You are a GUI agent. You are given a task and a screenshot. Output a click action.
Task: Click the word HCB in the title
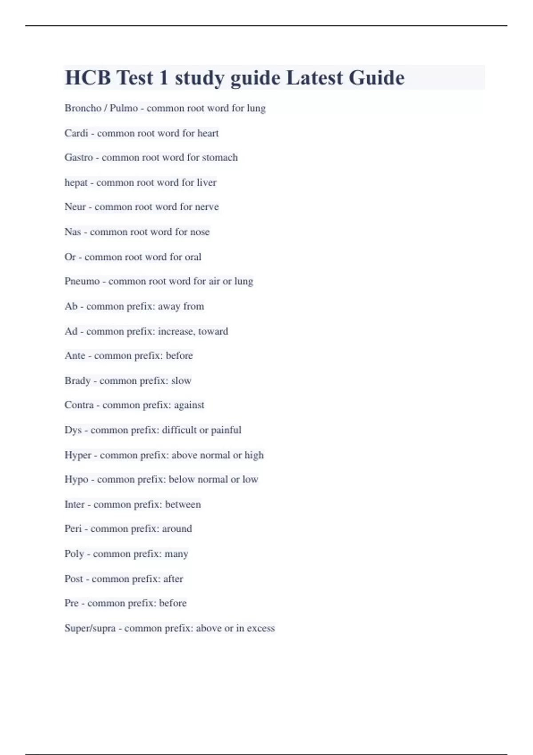click(88, 78)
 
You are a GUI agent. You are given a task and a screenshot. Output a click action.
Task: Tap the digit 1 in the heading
click(163, 78)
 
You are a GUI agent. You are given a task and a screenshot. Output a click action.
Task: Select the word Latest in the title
click(314, 78)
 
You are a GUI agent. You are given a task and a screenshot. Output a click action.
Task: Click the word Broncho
click(83, 108)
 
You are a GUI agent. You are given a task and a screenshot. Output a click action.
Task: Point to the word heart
click(208, 133)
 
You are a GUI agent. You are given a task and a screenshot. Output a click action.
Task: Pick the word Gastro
click(79, 157)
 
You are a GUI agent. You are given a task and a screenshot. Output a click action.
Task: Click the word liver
click(207, 182)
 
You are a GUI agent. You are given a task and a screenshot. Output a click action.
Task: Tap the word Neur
click(75, 207)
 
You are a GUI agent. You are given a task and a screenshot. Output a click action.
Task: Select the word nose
click(199, 231)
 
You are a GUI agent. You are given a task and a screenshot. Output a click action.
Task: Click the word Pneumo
click(82, 281)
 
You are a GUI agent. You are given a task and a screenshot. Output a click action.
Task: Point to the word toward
click(213, 331)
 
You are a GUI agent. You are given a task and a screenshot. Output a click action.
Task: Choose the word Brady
click(77, 381)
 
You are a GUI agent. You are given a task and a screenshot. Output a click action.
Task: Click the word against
click(189, 405)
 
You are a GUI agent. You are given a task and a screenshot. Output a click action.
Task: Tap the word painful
click(226, 430)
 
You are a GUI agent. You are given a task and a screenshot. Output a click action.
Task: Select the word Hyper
click(78, 455)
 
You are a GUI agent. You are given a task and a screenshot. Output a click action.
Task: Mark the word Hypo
click(76, 480)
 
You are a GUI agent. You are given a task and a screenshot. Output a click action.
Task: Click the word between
click(183, 505)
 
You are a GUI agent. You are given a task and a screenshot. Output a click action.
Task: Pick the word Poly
click(74, 554)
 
